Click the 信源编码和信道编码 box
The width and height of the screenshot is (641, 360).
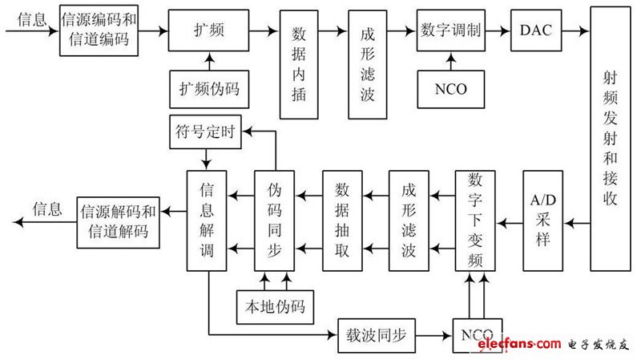(x=94, y=29)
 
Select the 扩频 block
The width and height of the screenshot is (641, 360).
(x=208, y=29)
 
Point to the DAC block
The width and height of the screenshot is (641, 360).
(x=535, y=29)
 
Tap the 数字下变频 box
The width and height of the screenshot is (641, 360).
(x=474, y=220)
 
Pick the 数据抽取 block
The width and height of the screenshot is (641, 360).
(x=341, y=220)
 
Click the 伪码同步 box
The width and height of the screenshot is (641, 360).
(x=274, y=220)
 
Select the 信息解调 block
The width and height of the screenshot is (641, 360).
(x=207, y=220)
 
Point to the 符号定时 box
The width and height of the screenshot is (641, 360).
(x=205, y=133)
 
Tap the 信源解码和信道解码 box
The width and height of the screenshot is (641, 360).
(x=116, y=221)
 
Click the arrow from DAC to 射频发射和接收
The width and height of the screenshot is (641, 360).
(x=574, y=30)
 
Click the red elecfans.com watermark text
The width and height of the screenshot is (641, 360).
(x=518, y=344)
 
